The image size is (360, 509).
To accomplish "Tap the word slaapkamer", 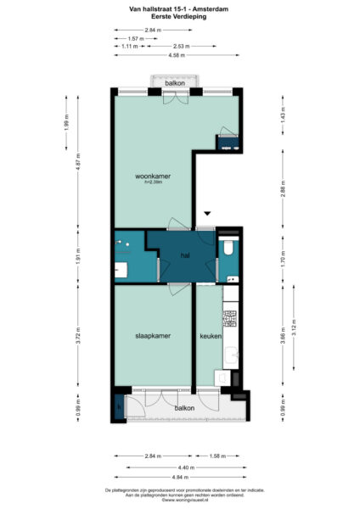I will tap(153, 336).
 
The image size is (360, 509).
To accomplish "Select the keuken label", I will tap(210, 336).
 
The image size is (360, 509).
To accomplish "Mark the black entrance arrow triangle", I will tap(205, 214).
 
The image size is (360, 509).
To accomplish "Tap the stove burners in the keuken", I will tap(228, 319).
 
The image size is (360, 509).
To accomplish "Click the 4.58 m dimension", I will tap(177, 55).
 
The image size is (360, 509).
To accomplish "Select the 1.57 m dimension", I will tap(133, 39).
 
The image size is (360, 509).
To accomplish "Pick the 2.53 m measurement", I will tap(179, 47).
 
